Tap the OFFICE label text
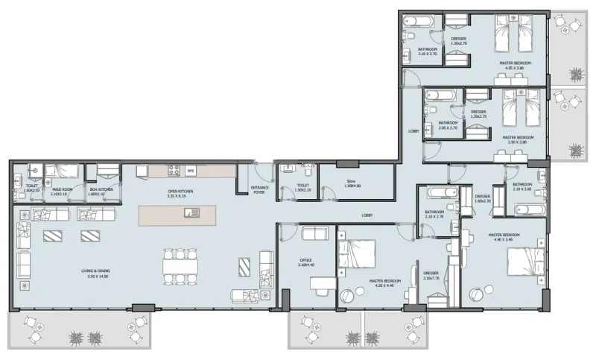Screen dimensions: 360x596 305,262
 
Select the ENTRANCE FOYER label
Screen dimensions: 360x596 259,190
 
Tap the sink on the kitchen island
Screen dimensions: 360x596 193,214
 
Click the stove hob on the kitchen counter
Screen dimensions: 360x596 174,170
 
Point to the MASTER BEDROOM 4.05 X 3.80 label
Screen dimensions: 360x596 515,66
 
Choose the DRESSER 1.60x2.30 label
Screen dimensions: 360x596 482,198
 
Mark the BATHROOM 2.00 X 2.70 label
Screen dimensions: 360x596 448,125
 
